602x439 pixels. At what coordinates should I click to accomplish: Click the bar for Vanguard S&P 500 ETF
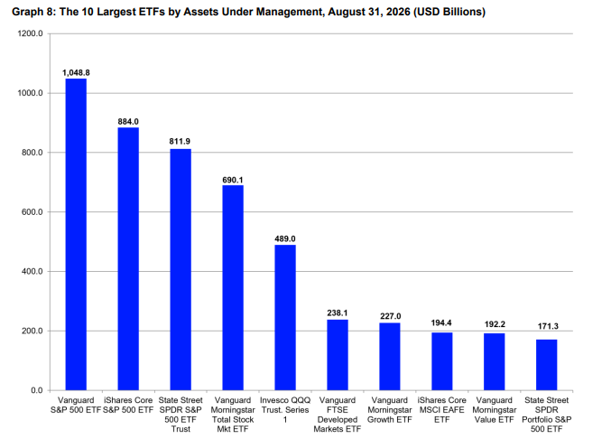(x=76, y=234)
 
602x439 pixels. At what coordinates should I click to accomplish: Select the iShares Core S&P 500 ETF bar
(x=128, y=259)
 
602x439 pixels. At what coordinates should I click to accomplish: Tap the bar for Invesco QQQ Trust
(x=285, y=318)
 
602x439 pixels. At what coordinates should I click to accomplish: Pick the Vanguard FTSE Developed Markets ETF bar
(x=338, y=355)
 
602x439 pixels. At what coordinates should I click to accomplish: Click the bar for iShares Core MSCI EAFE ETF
(x=442, y=361)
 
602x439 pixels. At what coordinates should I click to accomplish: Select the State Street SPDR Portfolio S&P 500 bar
(x=547, y=365)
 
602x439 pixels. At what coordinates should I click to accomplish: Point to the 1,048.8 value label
(x=76, y=72)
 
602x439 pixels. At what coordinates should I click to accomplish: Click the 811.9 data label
(x=180, y=141)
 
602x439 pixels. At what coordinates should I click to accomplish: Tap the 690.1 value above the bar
(x=233, y=180)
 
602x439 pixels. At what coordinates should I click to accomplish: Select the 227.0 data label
(x=391, y=316)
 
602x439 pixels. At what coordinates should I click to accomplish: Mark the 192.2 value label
(x=495, y=324)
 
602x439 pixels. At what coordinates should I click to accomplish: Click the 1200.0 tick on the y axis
(x=31, y=33)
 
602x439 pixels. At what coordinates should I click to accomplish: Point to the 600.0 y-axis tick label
(x=32, y=212)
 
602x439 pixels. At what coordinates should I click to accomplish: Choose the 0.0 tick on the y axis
(x=37, y=390)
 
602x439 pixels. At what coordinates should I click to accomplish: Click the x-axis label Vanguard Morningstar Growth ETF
(x=390, y=410)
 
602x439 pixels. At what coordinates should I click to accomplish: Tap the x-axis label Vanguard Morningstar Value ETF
(x=494, y=410)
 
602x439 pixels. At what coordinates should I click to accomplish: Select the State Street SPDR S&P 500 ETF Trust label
(x=181, y=415)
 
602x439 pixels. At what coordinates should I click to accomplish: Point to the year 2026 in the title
(x=398, y=12)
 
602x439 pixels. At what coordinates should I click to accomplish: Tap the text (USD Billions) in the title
(x=449, y=12)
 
